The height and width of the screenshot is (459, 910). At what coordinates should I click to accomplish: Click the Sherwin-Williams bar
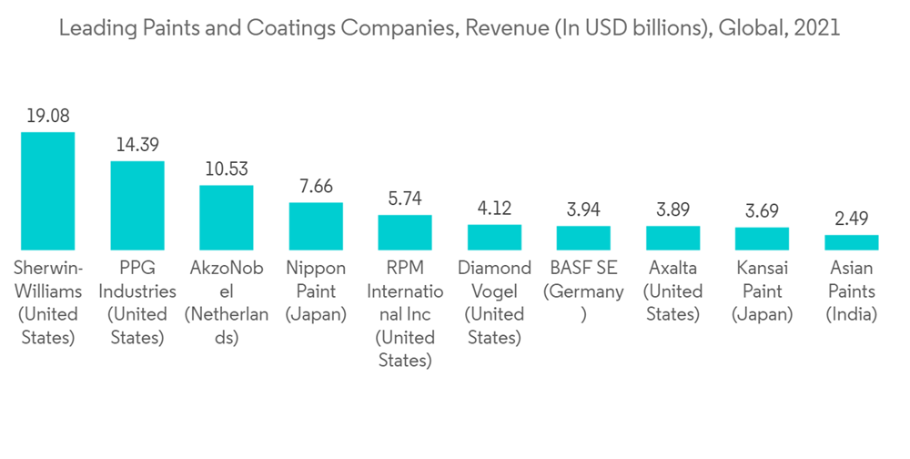48,191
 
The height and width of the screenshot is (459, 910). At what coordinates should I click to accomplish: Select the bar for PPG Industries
137,206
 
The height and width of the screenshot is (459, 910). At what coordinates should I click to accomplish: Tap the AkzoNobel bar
227,218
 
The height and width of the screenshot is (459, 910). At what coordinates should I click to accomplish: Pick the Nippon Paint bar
316,226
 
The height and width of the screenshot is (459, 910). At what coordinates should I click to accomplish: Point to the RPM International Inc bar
405,232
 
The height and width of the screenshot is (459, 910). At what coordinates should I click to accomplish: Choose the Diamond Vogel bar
494,237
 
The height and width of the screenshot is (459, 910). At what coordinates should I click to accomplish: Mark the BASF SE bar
583,238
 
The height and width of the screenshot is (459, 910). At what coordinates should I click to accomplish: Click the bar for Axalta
672,238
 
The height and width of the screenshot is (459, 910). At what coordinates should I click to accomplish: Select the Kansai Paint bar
762,239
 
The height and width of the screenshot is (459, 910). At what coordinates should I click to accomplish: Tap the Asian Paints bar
851,242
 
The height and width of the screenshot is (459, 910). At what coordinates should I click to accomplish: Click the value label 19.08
48,117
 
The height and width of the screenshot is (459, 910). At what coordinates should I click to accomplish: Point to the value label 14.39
137,145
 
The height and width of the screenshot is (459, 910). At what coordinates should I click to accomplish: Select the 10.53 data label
227,169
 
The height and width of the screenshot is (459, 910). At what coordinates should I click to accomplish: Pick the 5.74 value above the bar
405,199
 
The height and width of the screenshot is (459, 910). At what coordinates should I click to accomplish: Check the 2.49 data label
851,219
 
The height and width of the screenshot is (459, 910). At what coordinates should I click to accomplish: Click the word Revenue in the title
500,28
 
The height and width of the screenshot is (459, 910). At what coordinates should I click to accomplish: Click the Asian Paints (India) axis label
851,291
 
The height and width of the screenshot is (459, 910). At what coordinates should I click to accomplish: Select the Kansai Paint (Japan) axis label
762,291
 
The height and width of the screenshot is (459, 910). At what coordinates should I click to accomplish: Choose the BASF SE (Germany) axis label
583,291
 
